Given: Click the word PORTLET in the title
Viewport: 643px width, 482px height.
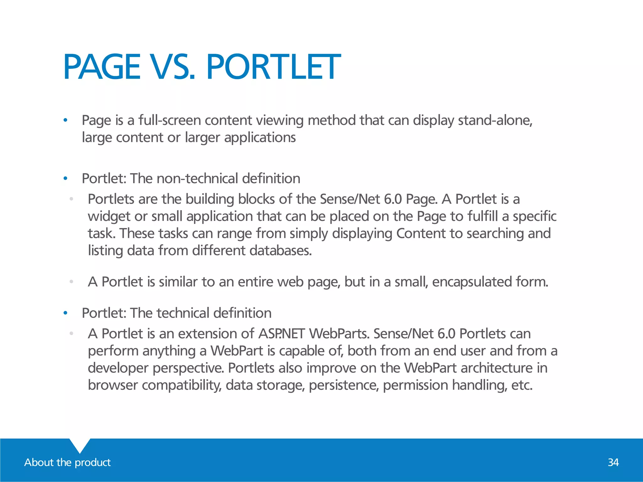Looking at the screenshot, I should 273,67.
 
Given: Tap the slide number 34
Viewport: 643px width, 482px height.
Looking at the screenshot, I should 613,462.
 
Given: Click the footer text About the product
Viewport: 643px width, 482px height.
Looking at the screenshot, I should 68,462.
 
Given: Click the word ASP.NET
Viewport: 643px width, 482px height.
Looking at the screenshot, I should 282,333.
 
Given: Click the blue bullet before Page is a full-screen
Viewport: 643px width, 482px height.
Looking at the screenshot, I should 65,120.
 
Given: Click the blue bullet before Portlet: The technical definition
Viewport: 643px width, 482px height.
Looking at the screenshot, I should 65,313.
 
